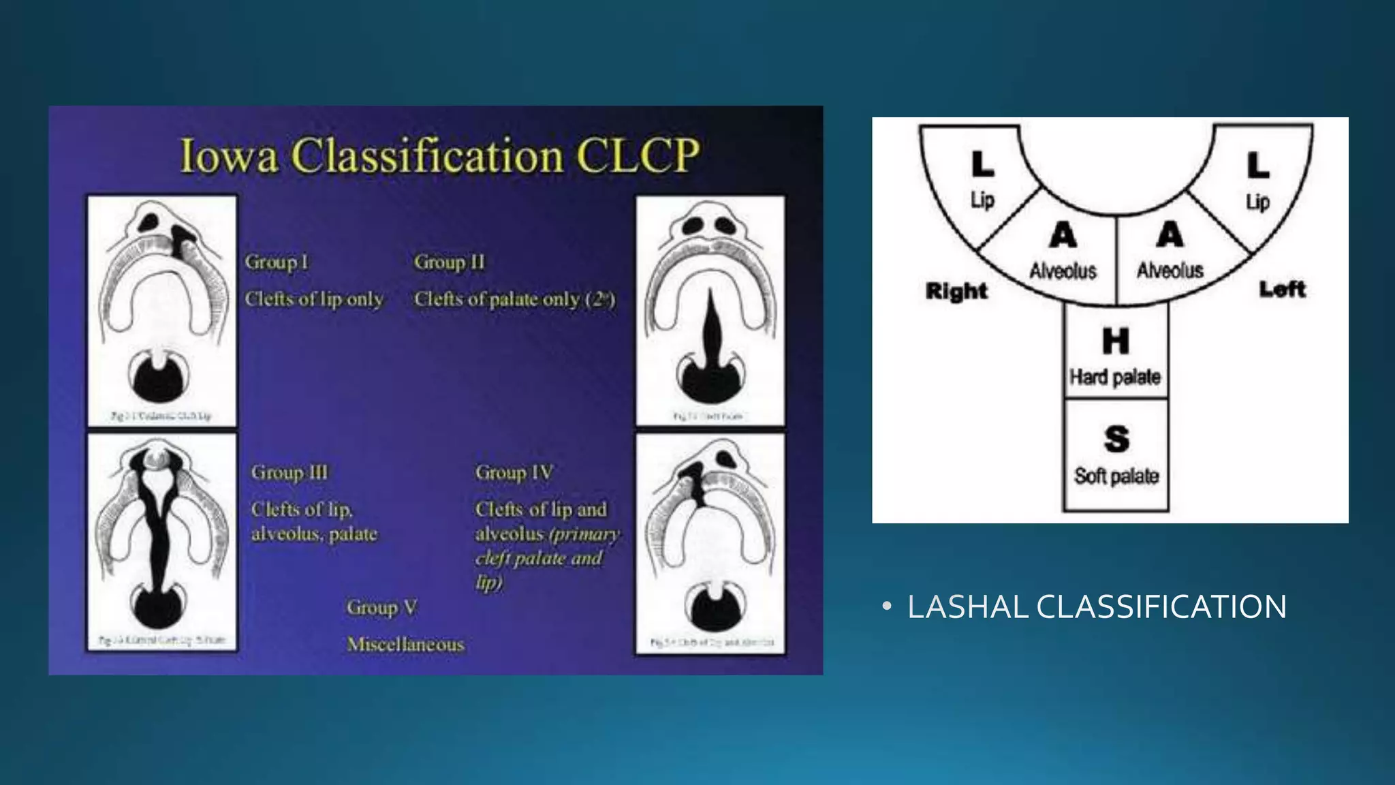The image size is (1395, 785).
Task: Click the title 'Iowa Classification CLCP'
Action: coord(439,155)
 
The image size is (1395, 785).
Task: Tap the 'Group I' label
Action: coord(277,262)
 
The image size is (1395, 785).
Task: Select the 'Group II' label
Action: coord(450,262)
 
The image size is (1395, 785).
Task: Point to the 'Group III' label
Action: coord(289,472)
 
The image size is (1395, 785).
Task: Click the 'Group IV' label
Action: coord(514,472)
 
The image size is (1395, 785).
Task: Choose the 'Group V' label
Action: coord(381,607)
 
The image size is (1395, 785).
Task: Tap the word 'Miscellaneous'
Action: coord(405,644)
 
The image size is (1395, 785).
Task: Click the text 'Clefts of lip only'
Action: coord(314,299)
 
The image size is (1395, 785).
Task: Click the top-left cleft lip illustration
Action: coord(162,310)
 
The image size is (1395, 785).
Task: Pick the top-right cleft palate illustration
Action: coord(710,310)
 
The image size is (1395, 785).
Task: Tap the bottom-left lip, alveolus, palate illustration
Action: coord(162,542)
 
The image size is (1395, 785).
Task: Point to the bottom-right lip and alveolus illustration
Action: coord(710,542)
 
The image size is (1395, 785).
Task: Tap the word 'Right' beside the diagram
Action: coord(956,291)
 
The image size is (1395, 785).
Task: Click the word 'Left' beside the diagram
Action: coord(1282,289)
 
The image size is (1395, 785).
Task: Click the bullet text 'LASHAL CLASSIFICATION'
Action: coord(1097,607)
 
